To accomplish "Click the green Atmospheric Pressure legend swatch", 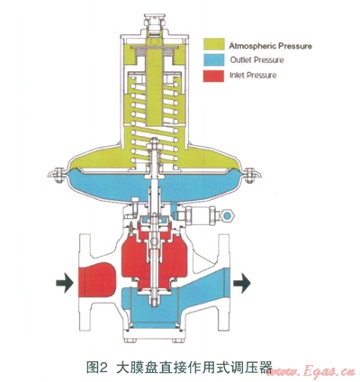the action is [214, 44].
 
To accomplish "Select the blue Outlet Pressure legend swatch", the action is [214, 60].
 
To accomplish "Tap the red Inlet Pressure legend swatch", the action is [213, 76].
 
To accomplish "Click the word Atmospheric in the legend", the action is [253, 46].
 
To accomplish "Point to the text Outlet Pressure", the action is [256, 60].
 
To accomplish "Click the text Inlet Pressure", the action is [253, 75].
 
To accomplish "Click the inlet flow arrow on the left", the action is [65, 283].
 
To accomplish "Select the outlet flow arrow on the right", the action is [242, 283].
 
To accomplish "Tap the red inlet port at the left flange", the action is [96, 280].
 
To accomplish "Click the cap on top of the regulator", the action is [154, 20].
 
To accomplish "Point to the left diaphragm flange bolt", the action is [58, 175].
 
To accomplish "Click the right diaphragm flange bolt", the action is [249, 176].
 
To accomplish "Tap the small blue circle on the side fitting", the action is [228, 215].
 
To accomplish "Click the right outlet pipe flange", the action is [223, 282].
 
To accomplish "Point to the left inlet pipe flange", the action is [84, 282].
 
